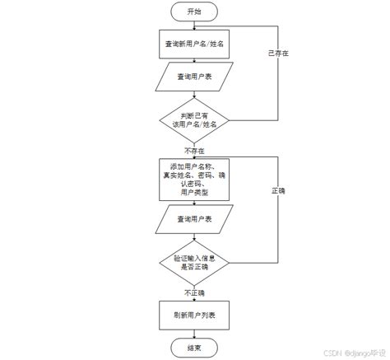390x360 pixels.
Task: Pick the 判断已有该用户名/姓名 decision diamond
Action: click(194, 118)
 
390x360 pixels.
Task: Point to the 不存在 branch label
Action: click(195, 152)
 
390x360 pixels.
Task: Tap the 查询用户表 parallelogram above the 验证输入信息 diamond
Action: click(194, 220)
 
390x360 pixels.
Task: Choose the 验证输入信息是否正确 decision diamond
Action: click(194, 261)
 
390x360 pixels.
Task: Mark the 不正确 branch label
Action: click(195, 292)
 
